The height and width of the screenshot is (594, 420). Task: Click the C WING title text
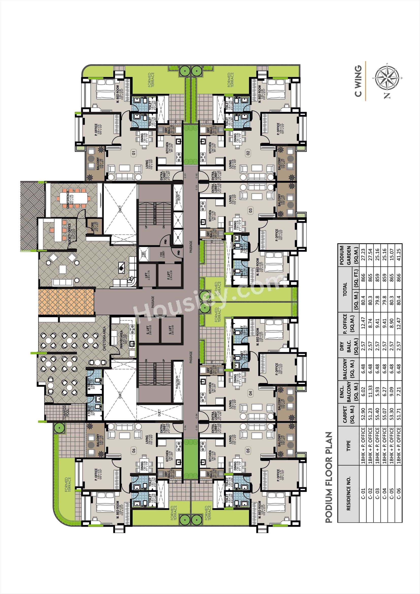coord(358,81)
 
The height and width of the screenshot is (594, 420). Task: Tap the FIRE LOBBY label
coord(162,254)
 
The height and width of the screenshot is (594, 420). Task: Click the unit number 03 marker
coord(250,210)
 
